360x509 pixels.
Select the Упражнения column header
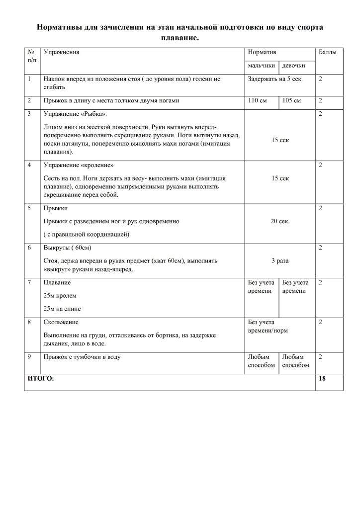pos(62,52)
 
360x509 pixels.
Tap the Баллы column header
pos(326,52)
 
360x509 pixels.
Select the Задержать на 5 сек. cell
pos(275,79)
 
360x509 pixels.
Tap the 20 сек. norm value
pos(280,221)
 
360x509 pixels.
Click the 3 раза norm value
pos(280,260)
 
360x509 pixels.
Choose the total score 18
pos(322,379)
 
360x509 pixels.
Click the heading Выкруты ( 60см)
pos(68,248)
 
